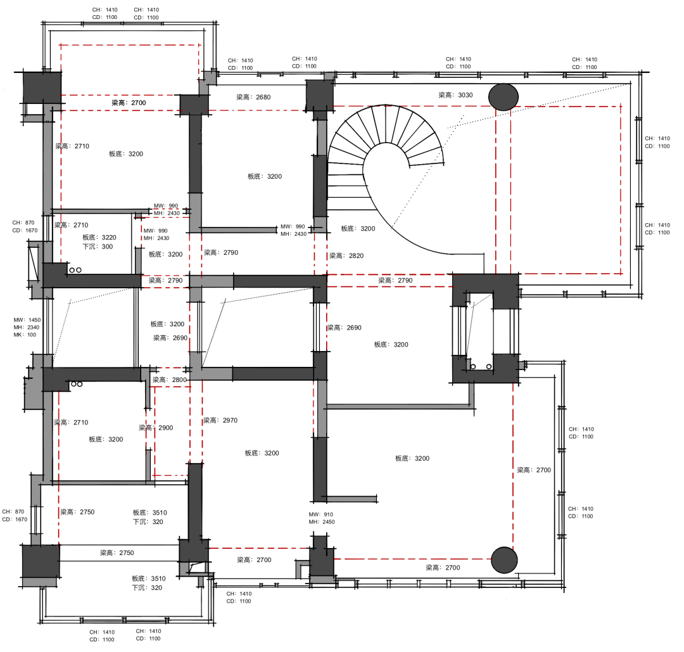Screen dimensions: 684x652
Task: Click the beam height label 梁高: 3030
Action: (455, 94)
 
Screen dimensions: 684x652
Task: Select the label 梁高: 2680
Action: (253, 97)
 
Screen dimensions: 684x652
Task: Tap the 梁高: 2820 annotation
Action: (346, 255)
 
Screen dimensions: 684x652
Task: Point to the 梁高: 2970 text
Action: (220, 420)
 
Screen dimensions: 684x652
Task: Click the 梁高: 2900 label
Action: (156, 428)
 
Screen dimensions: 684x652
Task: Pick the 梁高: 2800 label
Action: (170, 380)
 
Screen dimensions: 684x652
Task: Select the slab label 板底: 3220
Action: (99, 238)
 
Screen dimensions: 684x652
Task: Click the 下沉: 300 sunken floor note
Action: (98, 246)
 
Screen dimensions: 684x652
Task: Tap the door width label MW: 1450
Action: (27, 320)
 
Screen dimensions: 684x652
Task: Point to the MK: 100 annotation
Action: (25, 335)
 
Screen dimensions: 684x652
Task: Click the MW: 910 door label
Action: (320, 515)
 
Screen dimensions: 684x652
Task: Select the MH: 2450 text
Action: (322, 522)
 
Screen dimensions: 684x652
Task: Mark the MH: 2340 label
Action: (26, 328)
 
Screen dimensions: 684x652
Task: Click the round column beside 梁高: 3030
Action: (503, 97)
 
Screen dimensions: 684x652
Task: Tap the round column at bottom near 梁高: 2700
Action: (504, 560)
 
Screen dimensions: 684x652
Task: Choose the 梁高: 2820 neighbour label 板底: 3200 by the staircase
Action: (358, 228)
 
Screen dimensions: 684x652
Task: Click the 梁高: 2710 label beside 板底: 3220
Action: (71, 225)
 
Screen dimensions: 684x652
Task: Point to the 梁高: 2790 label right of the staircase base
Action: (395, 280)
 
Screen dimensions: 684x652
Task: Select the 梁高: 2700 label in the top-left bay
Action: (129, 103)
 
